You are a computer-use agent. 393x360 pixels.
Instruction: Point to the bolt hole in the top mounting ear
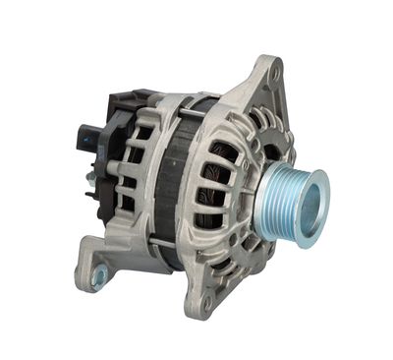tap(275, 70)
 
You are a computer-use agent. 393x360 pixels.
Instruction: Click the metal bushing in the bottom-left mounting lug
tap(98, 277)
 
